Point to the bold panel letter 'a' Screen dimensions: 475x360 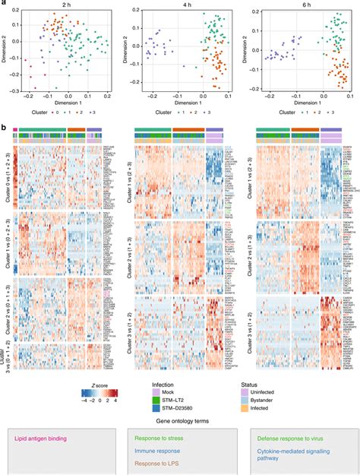[x=4, y=4]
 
